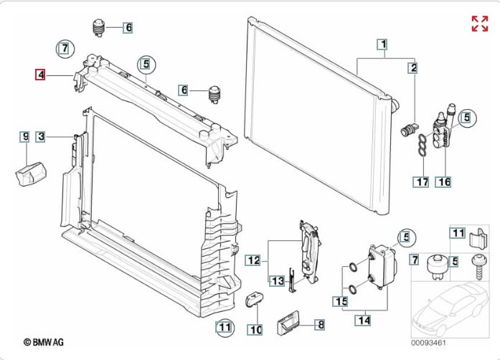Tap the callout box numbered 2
[x=413, y=69]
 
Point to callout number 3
[x=42, y=136]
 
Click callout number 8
[x=321, y=325]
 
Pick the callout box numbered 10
[x=255, y=330]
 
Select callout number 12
[x=254, y=259]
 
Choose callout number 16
[x=444, y=182]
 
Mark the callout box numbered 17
[x=421, y=182]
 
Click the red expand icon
[x=479, y=24]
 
